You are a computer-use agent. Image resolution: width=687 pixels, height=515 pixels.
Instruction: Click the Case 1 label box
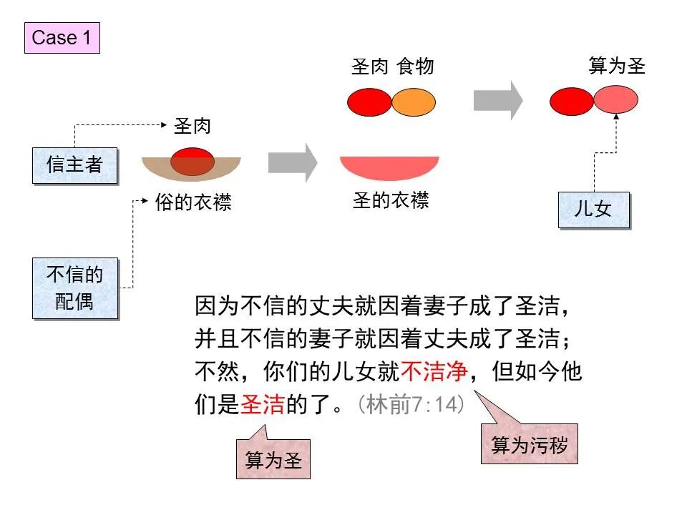click(x=62, y=38)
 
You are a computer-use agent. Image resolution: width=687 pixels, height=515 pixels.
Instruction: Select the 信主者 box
click(x=74, y=165)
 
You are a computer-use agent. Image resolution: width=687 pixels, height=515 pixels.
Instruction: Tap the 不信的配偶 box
click(x=74, y=288)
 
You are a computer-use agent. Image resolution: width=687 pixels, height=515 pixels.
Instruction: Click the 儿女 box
click(x=593, y=210)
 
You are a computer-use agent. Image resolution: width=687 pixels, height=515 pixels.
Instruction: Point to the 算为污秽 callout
click(x=529, y=445)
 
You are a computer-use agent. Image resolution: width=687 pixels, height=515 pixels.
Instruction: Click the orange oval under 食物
click(x=414, y=102)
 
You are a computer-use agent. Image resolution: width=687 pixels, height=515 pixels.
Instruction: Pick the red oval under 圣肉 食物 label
click(x=369, y=102)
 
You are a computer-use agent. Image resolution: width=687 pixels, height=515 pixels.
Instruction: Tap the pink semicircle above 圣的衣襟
click(x=389, y=167)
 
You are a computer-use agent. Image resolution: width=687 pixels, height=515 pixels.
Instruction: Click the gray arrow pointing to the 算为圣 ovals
click(x=498, y=100)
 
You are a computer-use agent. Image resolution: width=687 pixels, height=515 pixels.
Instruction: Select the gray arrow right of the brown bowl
click(x=293, y=162)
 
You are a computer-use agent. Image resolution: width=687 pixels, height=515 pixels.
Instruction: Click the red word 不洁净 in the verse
click(x=434, y=371)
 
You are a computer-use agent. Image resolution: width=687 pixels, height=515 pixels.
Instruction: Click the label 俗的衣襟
click(x=193, y=203)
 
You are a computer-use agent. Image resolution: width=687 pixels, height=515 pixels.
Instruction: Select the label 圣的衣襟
click(x=390, y=201)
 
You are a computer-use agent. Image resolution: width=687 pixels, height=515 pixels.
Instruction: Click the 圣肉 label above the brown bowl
click(x=193, y=127)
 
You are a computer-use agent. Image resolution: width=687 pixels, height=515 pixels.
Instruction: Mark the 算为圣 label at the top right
click(x=617, y=67)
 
